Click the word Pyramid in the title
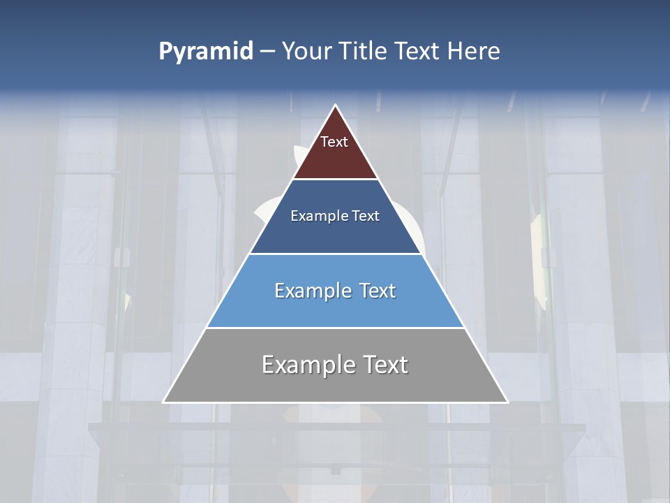point(206,52)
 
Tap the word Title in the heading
point(364,52)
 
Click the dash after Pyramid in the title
point(267,52)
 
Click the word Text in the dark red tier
point(334,142)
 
